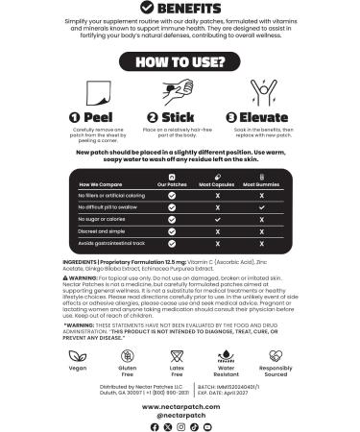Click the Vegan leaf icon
coord(76,356)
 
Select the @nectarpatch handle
coord(180,415)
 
